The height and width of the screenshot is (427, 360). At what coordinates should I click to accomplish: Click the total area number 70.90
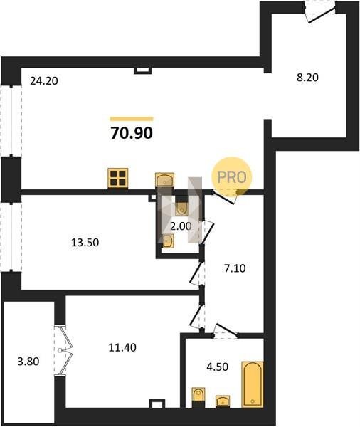pyautogui.click(x=132, y=133)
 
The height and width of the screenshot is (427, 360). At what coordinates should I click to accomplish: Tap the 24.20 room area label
pyautogui.click(x=44, y=81)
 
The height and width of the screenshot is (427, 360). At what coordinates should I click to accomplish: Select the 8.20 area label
pyautogui.click(x=307, y=78)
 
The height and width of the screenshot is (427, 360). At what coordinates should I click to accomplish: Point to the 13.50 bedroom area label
pyautogui.click(x=85, y=242)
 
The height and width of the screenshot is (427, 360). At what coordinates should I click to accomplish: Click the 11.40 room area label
pyautogui.click(x=122, y=347)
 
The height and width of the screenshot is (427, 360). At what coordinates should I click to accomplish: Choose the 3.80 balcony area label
pyautogui.click(x=28, y=362)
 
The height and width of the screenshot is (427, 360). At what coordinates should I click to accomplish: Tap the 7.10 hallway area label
pyautogui.click(x=235, y=268)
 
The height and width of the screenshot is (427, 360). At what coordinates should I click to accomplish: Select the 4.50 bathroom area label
pyautogui.click(x=217, y=367)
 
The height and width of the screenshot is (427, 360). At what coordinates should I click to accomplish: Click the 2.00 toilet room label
pyautogui.click(x=181, y=226)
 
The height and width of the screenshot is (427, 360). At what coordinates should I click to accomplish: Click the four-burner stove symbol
pyautogui.click(x=118, y=178)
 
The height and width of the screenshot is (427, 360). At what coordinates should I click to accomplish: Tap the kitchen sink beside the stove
pyautogui.click(x=164, y=179)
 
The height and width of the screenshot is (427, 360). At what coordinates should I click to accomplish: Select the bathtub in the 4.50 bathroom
pyautogui.click(x=253, y=384)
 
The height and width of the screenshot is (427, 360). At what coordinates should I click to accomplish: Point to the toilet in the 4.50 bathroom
pyautogui.click(x=198, y=396)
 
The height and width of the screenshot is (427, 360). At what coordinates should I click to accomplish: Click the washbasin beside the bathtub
pyautogui.click(x=223, y=401)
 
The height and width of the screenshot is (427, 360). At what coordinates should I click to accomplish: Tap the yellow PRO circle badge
pyautogui.click(x=232, y=177)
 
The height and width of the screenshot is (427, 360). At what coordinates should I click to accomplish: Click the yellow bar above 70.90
pyautogui.click(x=132, y=119)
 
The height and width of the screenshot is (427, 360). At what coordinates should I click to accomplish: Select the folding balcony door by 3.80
pyautogui.click(x=63, y=350)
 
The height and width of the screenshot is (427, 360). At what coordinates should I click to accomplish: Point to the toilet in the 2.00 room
pyautogui.click(x=181, y=208)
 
